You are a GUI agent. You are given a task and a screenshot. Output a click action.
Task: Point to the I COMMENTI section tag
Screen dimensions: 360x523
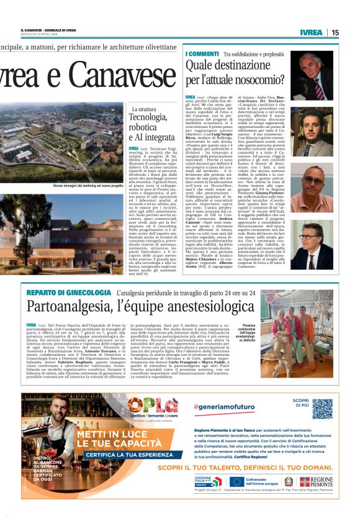coord(202,54)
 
